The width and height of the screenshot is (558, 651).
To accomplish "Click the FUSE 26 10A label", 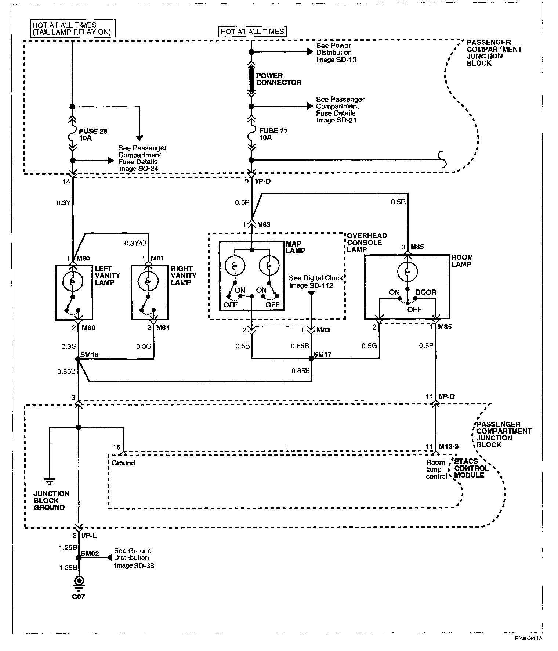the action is pos(93,134).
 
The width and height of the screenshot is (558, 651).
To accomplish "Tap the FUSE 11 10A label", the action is pos(273,134).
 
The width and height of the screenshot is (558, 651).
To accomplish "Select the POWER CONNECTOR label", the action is pos(279,79).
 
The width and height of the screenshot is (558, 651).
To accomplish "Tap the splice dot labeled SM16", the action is pos(78,359).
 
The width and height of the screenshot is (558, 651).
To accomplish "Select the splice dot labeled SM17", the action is pos(311,359).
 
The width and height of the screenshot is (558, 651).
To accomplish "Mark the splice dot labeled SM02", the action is pos(78,558).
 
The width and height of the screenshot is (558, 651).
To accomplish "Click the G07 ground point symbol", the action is pos(78,582).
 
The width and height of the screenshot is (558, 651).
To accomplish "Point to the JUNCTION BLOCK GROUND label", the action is pos(51,501).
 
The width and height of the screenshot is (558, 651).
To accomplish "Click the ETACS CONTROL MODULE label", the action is pos(471,468).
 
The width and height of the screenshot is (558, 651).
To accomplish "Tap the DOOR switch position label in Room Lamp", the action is pos(426,292).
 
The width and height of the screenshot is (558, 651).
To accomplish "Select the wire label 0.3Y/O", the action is pos(135,243).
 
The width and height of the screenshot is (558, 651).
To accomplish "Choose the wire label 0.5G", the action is pos(369,346).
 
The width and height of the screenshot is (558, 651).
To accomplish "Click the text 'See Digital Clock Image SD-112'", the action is pos(316,282).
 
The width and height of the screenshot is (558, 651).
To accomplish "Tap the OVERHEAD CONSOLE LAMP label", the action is pos(367,242).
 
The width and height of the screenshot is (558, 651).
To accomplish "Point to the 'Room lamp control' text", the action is pos(436,470).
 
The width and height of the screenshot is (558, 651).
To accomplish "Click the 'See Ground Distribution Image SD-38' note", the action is pos(133,558).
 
